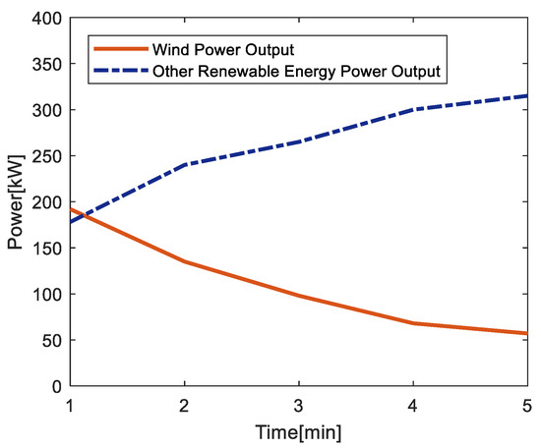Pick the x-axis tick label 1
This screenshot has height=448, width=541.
click(69, 405)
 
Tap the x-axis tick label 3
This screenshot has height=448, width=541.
click(298, 405)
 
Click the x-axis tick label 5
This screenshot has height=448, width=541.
click(527, 405)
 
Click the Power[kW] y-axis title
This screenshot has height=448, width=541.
click(14, 202)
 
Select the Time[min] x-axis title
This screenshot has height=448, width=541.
click(298, 430)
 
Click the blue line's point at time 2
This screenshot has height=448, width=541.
click(184, 165)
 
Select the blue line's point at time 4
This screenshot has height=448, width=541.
click(413, 109)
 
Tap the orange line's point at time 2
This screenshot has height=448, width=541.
click(184, 261)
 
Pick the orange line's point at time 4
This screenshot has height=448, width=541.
click(413, 323)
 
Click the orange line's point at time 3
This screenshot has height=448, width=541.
click(298, 296)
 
